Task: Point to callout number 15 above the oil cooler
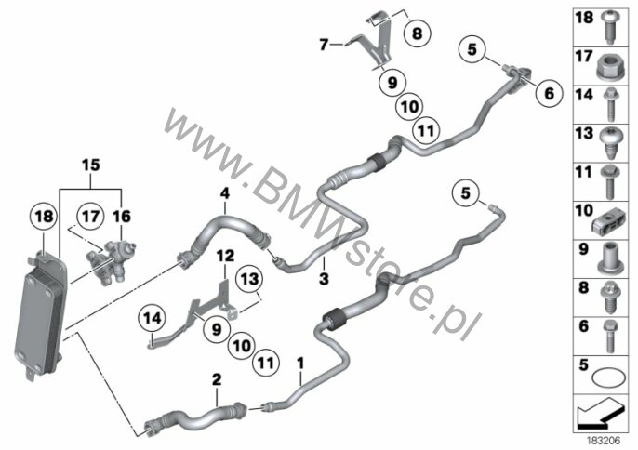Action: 89,165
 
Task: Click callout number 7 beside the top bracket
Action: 325,44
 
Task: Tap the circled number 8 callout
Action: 417,33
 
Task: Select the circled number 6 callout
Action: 548,92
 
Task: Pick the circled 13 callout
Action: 247,279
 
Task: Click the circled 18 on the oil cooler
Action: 43,217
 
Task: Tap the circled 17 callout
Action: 88,217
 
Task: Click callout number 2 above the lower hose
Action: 217,380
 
